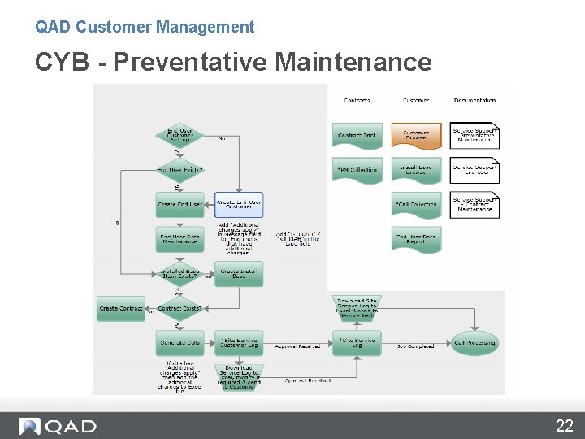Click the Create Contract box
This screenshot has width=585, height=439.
(121, 309)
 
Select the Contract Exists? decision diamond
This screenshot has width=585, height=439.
(180, 309)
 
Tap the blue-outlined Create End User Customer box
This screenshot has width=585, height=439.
(239, 204)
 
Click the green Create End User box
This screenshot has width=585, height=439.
(180, 204)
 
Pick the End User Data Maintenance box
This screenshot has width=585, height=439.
(180, 239)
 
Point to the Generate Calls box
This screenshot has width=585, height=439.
(180, 342)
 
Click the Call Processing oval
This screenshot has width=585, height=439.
(474, 342)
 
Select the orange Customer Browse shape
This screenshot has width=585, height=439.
(416, 135)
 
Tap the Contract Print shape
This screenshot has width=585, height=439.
(357, 135)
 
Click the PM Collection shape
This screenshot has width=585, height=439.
(357, 170)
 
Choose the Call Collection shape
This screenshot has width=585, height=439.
(416, 204)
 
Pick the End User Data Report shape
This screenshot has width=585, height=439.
(416, 239)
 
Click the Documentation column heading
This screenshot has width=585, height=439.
(474, 100)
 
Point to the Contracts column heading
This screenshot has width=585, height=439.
(357, 100)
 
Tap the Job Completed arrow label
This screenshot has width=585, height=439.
(415, 346)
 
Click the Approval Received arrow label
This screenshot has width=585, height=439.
(297, 346)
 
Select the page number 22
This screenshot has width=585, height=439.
(564, 425)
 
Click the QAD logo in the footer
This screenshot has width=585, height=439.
(58, 426)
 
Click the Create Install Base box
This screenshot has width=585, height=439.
(239, 274)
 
